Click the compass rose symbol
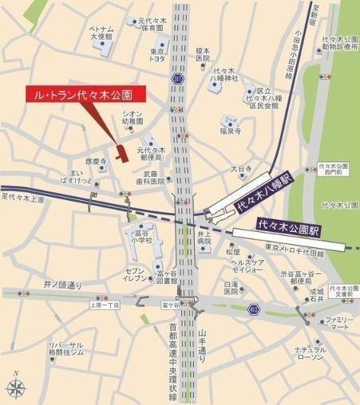point(16,387)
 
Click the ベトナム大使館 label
point(101,33)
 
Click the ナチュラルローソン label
point(310,354)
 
